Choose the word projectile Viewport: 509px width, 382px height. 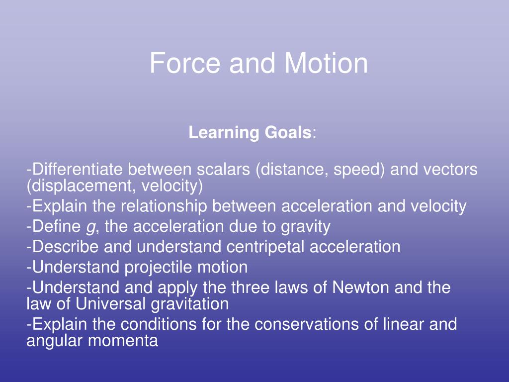(x=159, y=268)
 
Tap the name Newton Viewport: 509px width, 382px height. (x=358, y=287)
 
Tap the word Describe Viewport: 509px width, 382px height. (x=62, y=247)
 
